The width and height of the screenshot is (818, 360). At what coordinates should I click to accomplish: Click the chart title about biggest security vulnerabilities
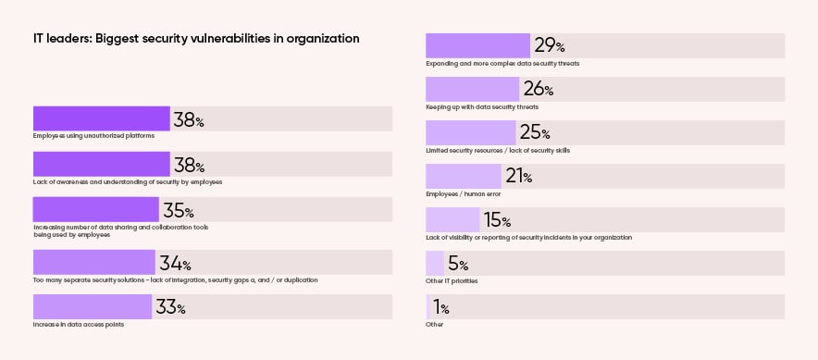196,39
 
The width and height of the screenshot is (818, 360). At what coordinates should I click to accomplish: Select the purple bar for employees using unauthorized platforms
102,118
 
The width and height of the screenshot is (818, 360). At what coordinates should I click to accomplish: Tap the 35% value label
178,210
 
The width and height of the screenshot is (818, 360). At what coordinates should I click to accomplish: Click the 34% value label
175,263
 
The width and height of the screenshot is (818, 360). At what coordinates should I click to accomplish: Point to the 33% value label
170,307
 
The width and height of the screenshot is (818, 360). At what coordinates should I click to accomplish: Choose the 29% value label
549,45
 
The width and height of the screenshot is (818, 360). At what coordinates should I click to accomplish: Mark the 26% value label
538,89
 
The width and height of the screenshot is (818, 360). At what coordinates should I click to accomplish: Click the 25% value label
534,132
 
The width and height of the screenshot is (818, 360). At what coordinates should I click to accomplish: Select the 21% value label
518,176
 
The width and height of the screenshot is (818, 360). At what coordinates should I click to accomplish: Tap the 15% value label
497,219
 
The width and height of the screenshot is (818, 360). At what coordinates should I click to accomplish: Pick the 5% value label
457,264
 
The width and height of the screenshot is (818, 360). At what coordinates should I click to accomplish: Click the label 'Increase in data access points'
79,325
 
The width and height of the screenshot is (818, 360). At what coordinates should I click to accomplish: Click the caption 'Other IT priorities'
452,280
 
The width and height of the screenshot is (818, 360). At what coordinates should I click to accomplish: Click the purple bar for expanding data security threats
477,45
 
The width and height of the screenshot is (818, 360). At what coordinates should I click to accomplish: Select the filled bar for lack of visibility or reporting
452,219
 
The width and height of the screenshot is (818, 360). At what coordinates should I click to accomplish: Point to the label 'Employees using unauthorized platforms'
93,136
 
